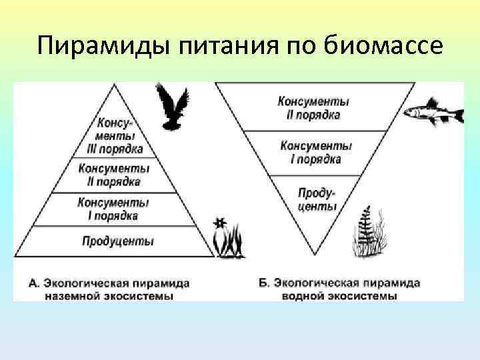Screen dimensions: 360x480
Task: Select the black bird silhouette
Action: click(172, 106)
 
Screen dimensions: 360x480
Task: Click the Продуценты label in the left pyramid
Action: click(117, 241)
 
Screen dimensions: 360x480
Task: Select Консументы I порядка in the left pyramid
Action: click(114, 209)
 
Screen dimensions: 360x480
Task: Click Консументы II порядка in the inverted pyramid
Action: click(313, 108)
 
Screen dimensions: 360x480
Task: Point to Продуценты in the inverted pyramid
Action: click(314, 198)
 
